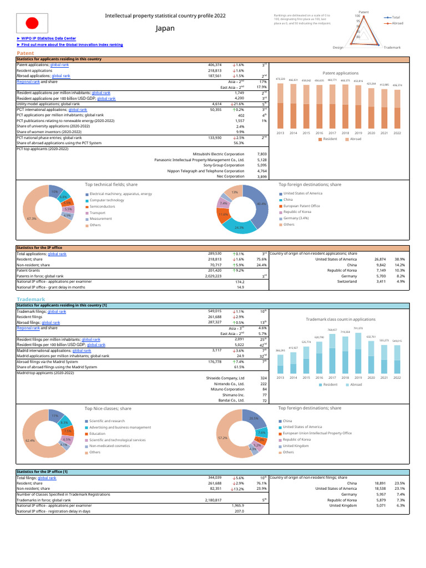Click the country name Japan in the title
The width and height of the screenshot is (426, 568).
165,28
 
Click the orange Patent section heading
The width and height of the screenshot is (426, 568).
26,53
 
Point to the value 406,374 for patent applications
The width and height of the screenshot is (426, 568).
214,65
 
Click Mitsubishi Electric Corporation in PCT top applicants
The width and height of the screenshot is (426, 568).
218,153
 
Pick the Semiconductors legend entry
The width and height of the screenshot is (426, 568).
102,206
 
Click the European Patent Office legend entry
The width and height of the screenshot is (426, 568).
301,206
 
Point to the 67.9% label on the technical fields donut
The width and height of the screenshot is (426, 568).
31,219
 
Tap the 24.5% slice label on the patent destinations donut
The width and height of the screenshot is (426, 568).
239,227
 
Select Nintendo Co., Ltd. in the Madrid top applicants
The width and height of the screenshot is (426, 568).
229,383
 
